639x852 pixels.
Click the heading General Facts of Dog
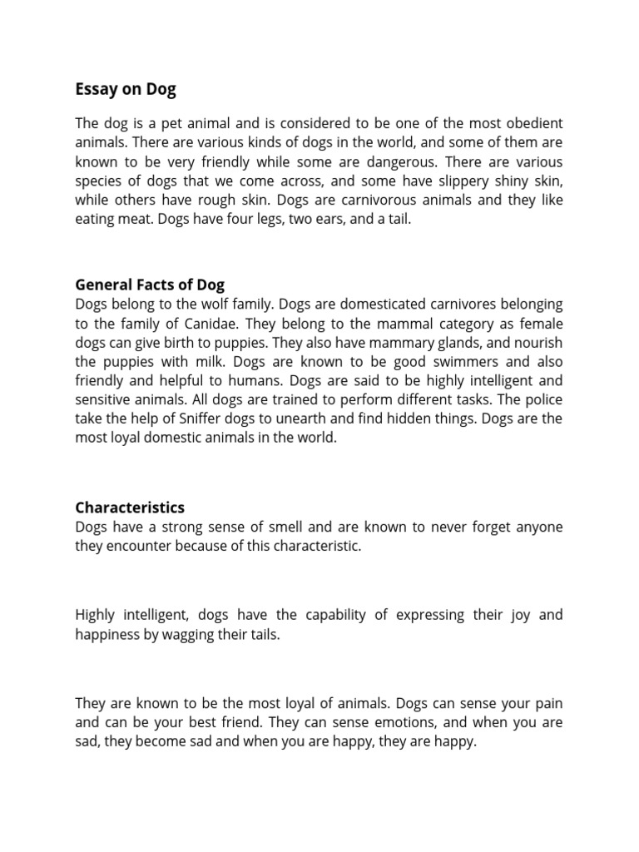point(150,285)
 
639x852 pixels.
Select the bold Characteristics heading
point(130,507)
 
